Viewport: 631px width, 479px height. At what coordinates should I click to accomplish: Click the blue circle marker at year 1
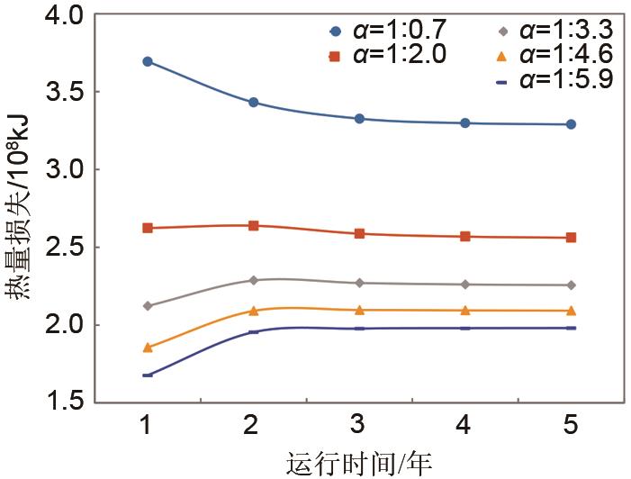click(x=148, y=61)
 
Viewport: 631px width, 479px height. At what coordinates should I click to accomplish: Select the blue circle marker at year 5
click(x=571, y=124)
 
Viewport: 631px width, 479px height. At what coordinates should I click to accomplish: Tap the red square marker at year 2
click(x=254, y=225)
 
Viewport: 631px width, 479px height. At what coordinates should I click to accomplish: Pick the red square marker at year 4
click(x=465, y=236)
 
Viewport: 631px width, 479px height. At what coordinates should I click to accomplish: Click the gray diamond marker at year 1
click(x=148, y=306)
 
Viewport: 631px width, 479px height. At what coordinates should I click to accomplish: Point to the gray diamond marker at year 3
click(x=359, y=283)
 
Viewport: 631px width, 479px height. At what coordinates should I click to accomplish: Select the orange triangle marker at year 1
click(x=148, y=347)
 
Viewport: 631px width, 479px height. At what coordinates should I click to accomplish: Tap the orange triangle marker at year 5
click(x=571, y=311)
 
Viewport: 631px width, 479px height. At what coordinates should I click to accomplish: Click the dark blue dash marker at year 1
click(x=148, y=375)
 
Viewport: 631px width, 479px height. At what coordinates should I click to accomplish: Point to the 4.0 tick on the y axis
click(x=62, y=15)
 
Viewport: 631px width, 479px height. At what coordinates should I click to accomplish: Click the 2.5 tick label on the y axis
click(x=62, y=247)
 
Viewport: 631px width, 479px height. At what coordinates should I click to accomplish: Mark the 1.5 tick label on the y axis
click(x=62, y=402)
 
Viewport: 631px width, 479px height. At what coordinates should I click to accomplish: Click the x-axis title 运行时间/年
click(x=359, y=464)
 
